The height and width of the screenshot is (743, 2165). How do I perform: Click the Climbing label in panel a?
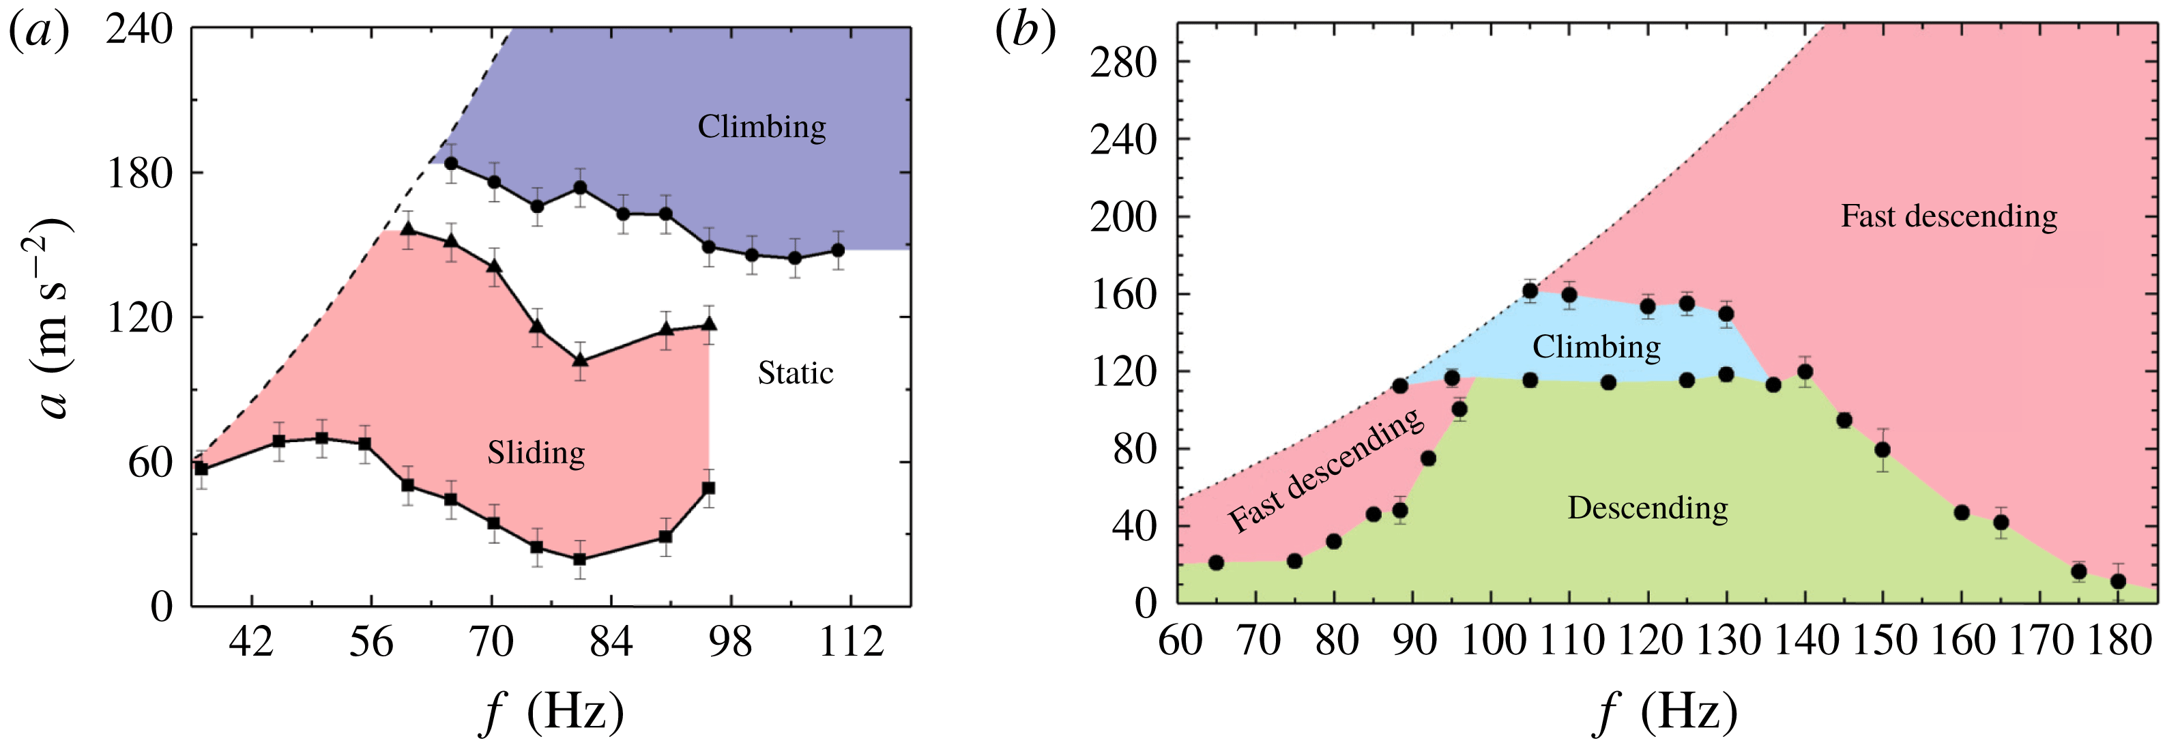coord(761,127)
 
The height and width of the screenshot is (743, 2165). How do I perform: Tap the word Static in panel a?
coord(795,373)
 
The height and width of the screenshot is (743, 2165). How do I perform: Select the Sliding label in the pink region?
coord(536,453)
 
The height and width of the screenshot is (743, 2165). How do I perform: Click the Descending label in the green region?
coord(1647,508)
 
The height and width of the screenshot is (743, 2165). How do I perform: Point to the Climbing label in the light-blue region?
coord(1596,347)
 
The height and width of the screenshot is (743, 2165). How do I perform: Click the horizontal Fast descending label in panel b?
coord(1949,216)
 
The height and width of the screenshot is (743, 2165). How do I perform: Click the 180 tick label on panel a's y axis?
coord(139,174)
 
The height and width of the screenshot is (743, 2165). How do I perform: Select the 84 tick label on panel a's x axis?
coord(610,643)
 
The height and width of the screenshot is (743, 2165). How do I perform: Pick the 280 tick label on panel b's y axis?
coord(1123,62)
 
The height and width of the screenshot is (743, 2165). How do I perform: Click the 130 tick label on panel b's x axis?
coord(1726,641)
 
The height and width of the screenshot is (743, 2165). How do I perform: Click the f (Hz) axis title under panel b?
coord(1665,712)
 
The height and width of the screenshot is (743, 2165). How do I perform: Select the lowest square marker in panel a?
coord(579,559)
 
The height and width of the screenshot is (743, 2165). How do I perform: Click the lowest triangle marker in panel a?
coord(579,360)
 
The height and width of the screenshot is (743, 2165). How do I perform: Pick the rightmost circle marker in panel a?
coord(837,250)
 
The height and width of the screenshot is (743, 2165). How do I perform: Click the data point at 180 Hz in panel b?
coord(2118,581)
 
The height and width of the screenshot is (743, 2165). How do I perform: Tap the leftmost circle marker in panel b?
coord(1215,563)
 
